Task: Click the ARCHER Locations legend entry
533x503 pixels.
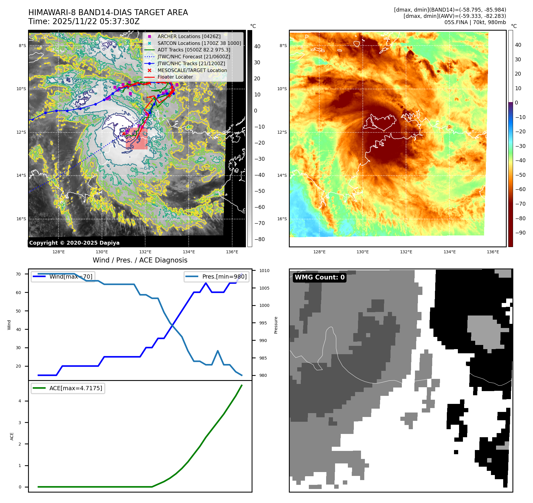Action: pyautogui.click(x=189, y=36)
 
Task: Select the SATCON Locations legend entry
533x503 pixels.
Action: pyautogui.click(x=199, y=43)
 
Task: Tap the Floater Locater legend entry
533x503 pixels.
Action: pyautogui.click(x=175, y=77)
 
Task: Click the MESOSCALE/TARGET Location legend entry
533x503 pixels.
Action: pyautogui.click(x=192, y=70)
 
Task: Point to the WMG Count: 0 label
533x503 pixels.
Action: pyautogui.click(x=320, y=277)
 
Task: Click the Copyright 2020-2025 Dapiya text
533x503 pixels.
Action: pyautogui.click(x=74, y=243)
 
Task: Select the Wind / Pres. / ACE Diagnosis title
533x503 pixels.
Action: pyautogui.click(x=140, y=260)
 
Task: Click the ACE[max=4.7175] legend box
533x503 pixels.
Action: pyautogui.click(x=68, y=388)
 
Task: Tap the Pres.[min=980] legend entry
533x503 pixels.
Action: pyautogui.click(x=217, y=277)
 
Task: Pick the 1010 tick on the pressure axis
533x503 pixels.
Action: pyautogui.click(x=264, y=271)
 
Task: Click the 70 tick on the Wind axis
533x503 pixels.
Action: pyautogui.click(x=18, y=274)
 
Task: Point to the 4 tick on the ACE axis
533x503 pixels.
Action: pyautogui.click(x=20, y=401)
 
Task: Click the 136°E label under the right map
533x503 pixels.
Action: pyautogui.click(x=493, y=252)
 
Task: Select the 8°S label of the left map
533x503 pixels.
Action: pyautogui.click(x=22, y=46)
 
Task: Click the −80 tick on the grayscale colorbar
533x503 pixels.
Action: pyautogui.click(x=259, y=239)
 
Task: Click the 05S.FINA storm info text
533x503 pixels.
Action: pyautogui.click(x=475, y=22)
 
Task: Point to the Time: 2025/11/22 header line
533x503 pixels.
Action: pyautogui.click(x=84, y=21)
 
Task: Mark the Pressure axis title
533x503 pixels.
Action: pyautogui.click(x=276, y=325)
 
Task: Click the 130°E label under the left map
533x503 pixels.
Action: pyautogui.click(x=102, y=252)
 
